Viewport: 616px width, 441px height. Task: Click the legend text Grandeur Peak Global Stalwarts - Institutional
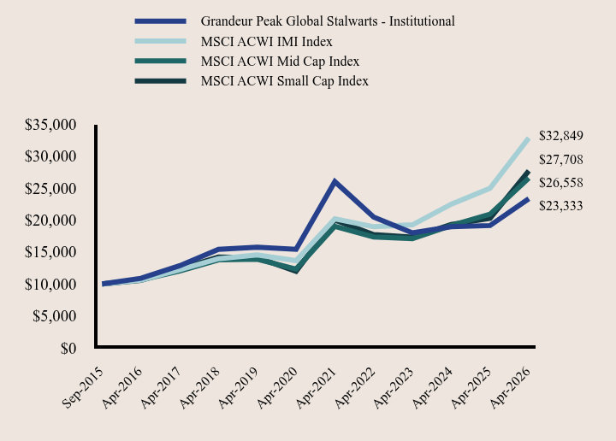point(328,21)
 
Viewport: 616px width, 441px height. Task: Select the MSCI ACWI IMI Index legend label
point(266,42)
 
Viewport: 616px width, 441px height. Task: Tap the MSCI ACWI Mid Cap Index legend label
point(280,62)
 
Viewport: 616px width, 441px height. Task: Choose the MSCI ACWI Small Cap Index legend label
point(284,81)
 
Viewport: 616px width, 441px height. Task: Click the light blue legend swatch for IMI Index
point(160,41)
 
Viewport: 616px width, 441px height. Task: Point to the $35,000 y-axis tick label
point(50,125)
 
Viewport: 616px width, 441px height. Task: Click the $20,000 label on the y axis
point(50,220)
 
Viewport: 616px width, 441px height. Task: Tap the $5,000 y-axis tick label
point(54,316)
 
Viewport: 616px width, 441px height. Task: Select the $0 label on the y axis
point(68,349)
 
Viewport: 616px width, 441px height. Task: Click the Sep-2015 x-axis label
point(83,388)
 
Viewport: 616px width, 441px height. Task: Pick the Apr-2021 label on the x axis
point(317,388)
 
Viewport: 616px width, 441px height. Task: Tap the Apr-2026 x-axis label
point(511,388)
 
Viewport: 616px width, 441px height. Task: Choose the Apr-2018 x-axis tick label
point(199,388)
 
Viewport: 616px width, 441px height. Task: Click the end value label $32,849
point(561,136)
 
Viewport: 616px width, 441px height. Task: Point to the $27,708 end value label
point(561,160)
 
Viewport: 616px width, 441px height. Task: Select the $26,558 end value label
point(561,183)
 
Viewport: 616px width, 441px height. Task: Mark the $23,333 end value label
point(561,206)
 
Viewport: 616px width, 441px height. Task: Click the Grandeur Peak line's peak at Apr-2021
point(335,181)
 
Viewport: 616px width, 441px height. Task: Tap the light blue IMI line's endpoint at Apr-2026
point(529,138)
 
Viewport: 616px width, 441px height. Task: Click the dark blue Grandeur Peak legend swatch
point(160,21)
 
